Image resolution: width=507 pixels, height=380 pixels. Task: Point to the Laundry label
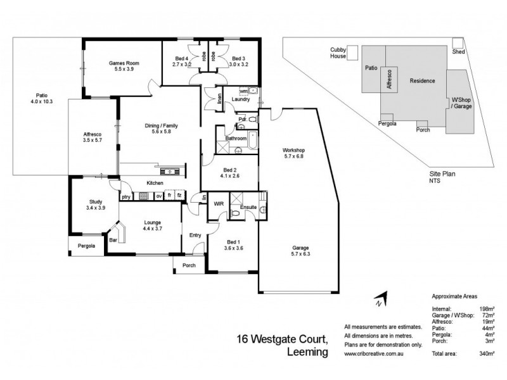241,99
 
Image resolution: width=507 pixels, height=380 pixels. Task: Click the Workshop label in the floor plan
293,150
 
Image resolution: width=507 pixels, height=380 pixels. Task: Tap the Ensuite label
248,206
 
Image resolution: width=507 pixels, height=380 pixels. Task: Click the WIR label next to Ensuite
219,204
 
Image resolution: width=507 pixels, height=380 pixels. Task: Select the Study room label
96,202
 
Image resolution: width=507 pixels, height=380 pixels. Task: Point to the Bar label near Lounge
113,241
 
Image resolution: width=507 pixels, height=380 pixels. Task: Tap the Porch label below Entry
189,265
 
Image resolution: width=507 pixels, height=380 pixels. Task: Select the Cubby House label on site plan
338,53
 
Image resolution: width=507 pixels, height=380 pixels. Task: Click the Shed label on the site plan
458,53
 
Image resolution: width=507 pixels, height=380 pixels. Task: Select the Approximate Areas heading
455,296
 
